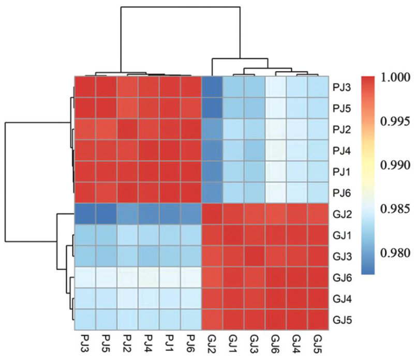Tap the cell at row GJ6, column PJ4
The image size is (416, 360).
point(148,278)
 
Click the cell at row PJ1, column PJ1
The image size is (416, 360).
point(170,172)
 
